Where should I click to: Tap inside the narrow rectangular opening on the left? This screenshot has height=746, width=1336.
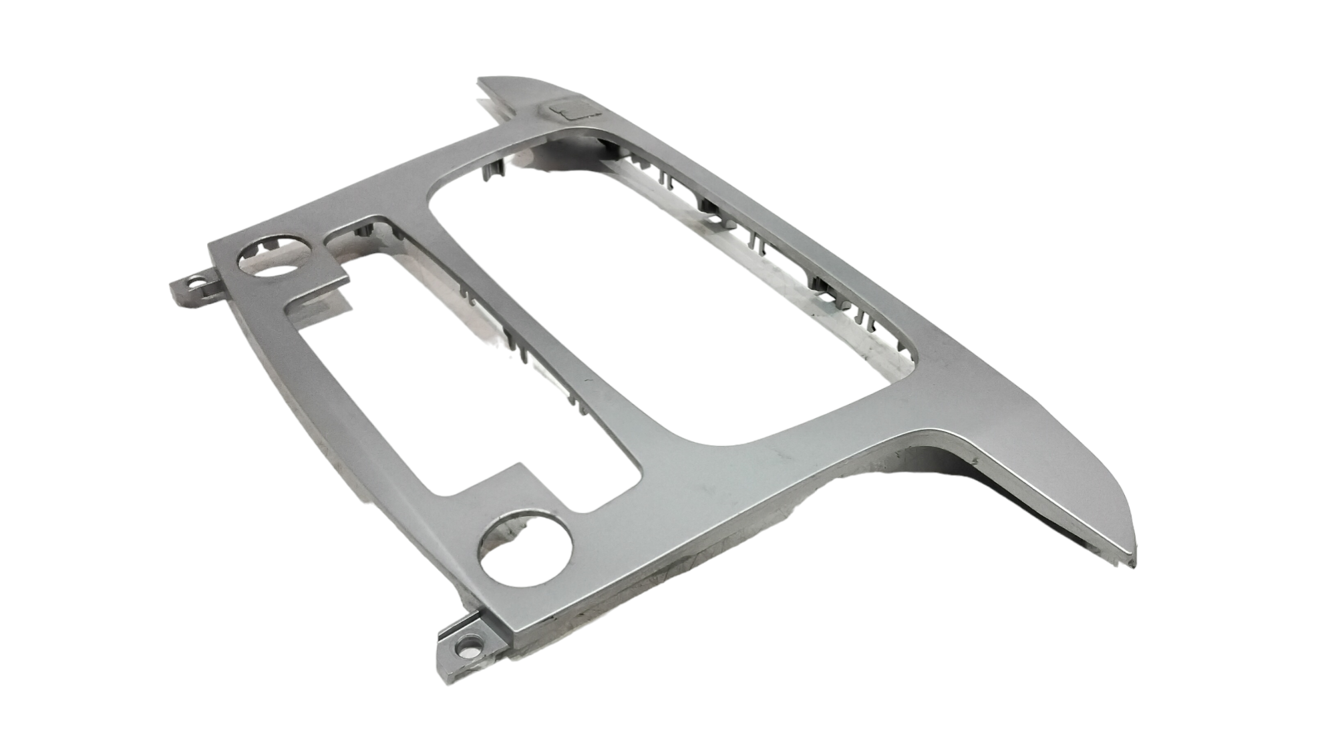(x=428, y=381)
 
